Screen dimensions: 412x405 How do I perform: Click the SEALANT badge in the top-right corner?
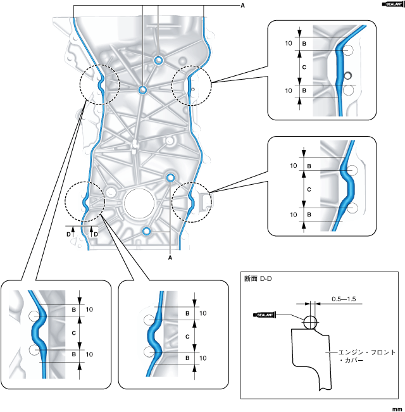tap(392, 4)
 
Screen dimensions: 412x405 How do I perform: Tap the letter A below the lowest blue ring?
tap(170, 258)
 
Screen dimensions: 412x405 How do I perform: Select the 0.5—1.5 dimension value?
tap(344, 298)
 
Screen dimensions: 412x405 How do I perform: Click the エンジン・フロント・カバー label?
tap(357, 356)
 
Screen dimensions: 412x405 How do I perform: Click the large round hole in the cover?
tap(143, 204)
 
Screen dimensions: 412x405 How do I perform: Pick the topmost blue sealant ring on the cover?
tap(159, 60)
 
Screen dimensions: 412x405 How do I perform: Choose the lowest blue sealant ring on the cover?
tap(146, 232)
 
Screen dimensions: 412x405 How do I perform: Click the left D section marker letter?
tap(69, 234)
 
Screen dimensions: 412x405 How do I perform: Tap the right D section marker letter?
tap(96, 234)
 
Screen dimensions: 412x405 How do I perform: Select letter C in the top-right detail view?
tap(305, 67)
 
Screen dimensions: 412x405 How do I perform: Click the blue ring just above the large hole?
tap(170, 177)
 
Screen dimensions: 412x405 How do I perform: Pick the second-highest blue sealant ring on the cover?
tap(143, 90)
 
